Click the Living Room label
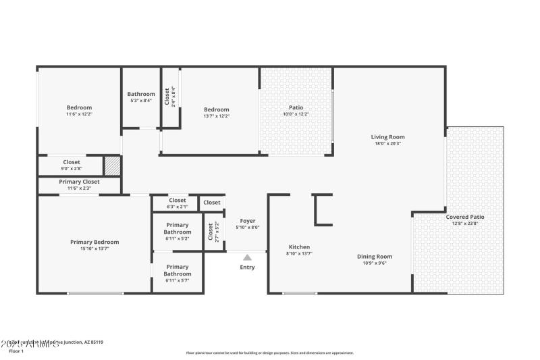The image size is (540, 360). pos(388,136)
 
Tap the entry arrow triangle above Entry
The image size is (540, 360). pos(248,257)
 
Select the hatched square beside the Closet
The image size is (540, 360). pos(111,165)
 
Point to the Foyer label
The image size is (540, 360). pos(248,221)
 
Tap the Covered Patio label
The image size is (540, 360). pos(464,217)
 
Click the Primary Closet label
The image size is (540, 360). pos(80,182)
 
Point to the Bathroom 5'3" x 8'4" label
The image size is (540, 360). pos(141,95)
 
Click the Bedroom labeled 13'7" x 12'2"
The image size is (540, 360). pos(217,109)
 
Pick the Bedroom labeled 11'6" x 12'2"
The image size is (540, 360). pos(79,107)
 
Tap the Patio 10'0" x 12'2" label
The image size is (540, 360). pos(296,107)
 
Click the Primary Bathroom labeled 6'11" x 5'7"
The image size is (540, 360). pos(178,270)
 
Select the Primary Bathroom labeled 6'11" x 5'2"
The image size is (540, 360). pos(178,228)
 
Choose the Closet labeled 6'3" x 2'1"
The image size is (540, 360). pos(178,201)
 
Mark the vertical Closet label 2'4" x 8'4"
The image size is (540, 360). pos(170,97)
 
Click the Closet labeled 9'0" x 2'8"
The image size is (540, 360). pos(72,162)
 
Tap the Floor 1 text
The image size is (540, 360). pos(16,351)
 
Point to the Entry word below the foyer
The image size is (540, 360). pos(248,267)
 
